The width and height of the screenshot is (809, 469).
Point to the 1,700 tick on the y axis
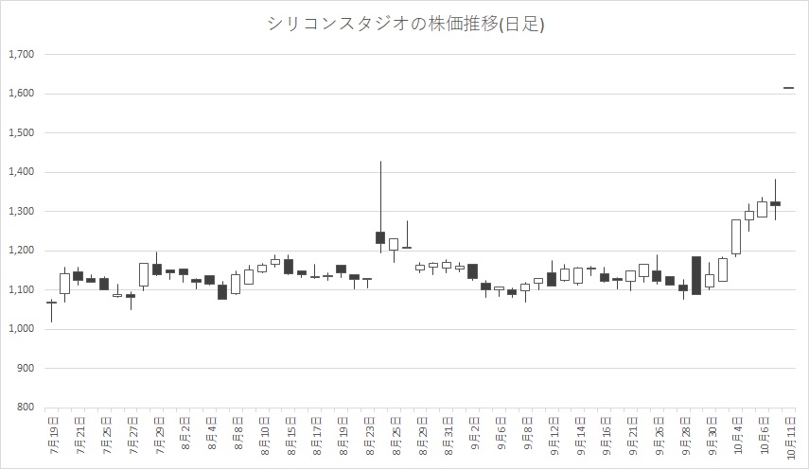[21, 55]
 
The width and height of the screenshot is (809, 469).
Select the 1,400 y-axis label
[21, 172]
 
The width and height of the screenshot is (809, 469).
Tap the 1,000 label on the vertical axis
[21, 329]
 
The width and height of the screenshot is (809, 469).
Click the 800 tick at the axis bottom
[25, 408]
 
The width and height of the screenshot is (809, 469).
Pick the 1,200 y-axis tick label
[21, 251]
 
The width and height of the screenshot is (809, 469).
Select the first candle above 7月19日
[52, 303]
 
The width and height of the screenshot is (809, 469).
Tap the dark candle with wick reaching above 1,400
[380, 236]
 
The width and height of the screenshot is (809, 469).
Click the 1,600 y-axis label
[21, 94]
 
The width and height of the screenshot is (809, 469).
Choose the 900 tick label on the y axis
[25, 369]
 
